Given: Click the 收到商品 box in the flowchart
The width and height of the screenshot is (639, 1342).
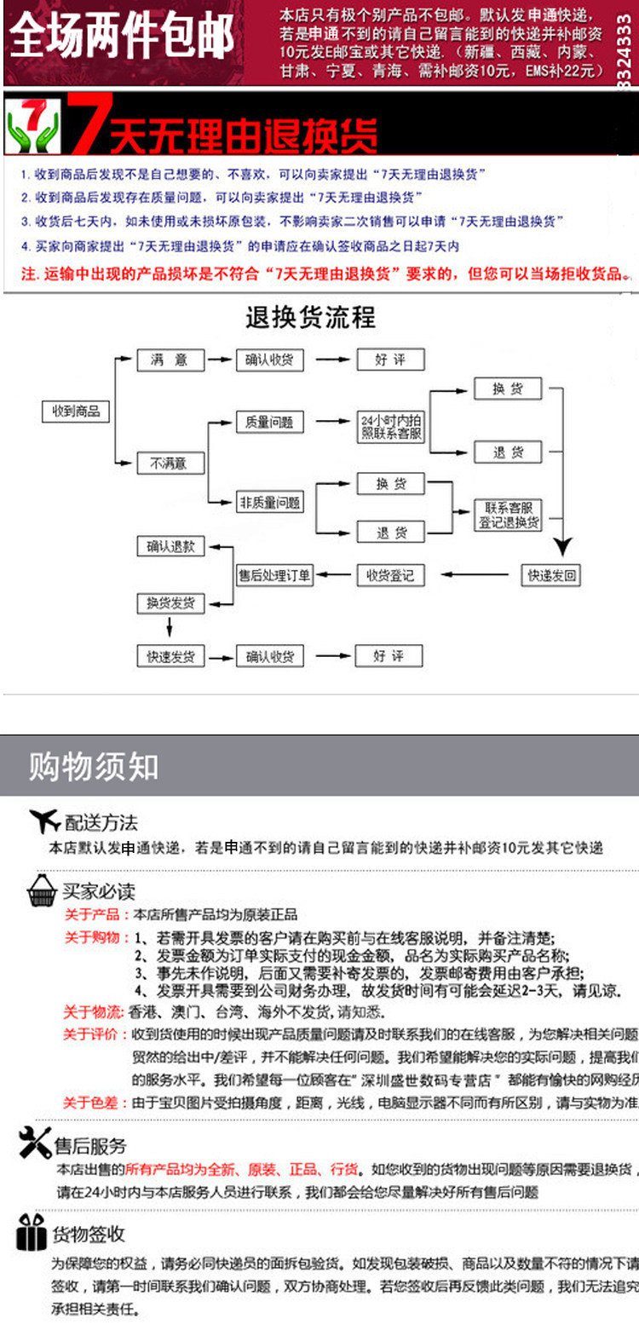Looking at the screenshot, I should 76,412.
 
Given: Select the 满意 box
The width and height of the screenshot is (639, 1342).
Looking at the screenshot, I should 170,360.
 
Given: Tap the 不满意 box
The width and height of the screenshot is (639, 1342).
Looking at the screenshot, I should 170,464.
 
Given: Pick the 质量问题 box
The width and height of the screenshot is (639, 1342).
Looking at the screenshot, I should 269,422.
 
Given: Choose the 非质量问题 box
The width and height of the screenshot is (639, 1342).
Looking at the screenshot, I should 269,503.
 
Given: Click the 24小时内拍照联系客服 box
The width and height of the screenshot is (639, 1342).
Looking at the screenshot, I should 391,427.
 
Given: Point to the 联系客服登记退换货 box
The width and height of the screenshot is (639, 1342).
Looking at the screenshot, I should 508,515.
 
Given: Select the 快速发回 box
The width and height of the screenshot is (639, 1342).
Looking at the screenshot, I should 551,576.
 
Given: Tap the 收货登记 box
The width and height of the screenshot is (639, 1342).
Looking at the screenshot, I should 389,576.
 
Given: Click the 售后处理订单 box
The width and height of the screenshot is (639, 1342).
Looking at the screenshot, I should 274,576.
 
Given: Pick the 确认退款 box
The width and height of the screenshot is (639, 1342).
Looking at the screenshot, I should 170,546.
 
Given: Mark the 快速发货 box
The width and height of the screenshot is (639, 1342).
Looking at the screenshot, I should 170,657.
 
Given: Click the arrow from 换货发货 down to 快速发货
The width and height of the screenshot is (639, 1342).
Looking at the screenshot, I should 170,628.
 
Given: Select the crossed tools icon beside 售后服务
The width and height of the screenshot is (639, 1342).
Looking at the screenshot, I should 35,1143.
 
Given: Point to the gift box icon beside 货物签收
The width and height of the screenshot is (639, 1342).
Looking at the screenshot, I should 32,1232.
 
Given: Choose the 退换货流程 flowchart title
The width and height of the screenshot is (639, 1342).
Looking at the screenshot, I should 310,318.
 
